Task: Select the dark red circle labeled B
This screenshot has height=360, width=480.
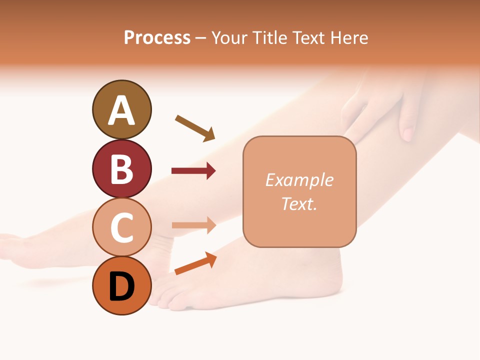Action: click(x=121, y=168)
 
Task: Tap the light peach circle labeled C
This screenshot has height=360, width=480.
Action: click(x=121, y=227)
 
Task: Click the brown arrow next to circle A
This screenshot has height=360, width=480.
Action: click(x=195, y=128)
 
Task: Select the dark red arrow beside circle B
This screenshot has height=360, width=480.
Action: click(x=193, y=171)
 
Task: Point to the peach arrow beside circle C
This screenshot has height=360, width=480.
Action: click(x=193, y=225)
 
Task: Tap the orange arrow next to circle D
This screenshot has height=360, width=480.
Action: click(x=195, y=263)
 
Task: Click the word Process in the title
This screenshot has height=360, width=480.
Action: click(x=157, y=38)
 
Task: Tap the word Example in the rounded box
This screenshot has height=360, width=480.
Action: click(x=299, y=180)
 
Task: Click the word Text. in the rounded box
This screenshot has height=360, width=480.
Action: click(x=299, y=203)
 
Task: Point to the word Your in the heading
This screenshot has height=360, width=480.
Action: click(x=229, y=38)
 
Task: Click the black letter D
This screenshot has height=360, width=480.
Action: click(x=121, y=287)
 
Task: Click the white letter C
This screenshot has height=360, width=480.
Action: click(x=121, y=228)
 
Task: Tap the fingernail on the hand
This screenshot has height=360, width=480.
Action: click(x=408, y=134)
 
